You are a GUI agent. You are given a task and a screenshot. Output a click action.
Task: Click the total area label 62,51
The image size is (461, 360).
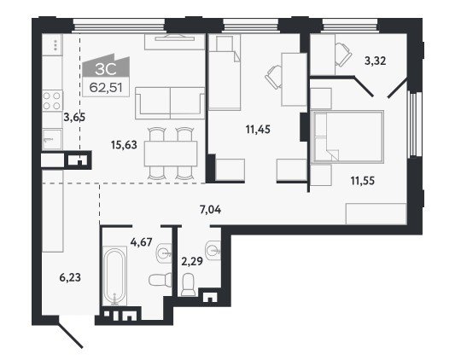pos(106,87)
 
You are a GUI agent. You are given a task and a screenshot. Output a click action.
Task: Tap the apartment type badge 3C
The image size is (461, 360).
pos(106,69)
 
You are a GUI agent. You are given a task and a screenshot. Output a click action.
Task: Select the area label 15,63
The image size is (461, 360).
pos(124,145)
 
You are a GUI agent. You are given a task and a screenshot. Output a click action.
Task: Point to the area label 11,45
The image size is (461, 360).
pos(258,130)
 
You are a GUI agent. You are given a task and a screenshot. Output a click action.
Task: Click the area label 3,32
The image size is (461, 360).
pos(375,61)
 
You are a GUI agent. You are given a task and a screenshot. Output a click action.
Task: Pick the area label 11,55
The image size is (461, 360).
pos(363,181)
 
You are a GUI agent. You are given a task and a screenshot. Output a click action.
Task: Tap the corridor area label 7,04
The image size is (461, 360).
pos(210,210)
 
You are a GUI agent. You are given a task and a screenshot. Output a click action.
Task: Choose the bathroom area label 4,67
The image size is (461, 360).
pos(141,242)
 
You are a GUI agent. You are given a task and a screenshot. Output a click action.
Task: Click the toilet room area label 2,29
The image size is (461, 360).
pos(192,261)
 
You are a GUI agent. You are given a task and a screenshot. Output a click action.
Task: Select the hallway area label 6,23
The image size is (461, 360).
pos(70,277)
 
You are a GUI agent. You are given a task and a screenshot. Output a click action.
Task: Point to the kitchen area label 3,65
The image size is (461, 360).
pos(74,118)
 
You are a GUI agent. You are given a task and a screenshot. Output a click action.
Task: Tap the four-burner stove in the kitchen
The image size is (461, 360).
pos(52,101)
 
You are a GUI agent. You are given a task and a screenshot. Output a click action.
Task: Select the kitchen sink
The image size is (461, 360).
pos(52,139)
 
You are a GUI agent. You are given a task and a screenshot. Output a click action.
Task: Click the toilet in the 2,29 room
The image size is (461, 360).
pos(188,284)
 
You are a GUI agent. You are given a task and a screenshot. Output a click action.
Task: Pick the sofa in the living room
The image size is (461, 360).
pos(170,103)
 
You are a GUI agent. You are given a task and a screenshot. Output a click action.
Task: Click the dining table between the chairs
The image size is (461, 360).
pos(171,154)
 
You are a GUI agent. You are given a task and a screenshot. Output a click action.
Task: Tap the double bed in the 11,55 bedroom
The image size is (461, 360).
pos(348,136)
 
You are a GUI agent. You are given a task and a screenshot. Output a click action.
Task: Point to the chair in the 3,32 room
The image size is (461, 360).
pos(343,55)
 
